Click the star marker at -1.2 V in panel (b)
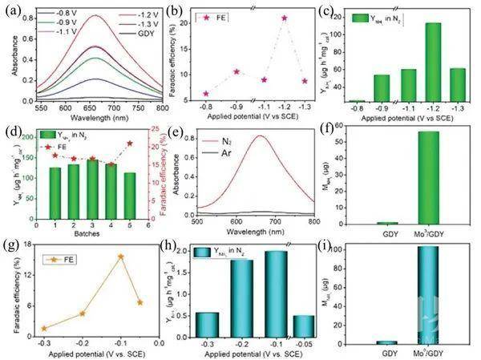pos(284,18)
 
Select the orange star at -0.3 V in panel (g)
pos(44,328)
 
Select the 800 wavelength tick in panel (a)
pos(160,107)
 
